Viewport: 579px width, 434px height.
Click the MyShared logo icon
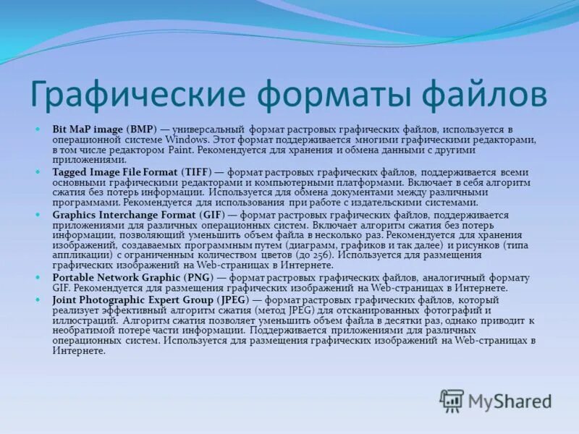tap(452, 401)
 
